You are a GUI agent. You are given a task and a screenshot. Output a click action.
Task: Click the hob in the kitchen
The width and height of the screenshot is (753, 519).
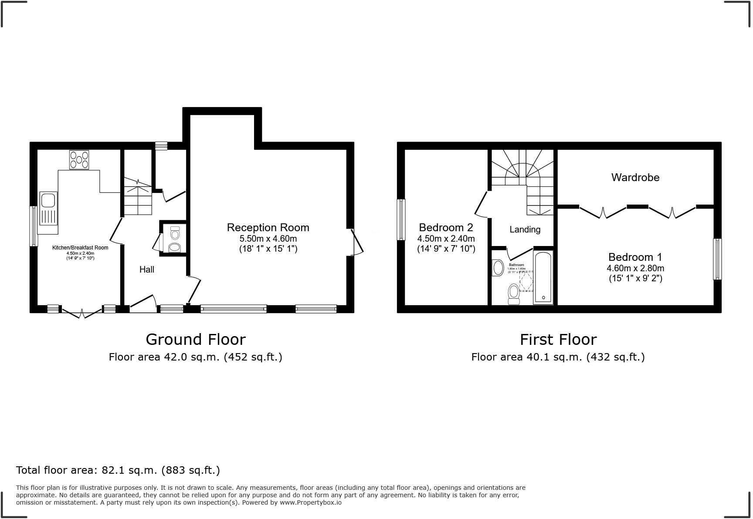79,160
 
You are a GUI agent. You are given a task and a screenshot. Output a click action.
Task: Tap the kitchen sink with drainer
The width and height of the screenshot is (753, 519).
48,208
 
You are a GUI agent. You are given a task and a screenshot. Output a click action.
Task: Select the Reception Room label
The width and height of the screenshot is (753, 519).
268,227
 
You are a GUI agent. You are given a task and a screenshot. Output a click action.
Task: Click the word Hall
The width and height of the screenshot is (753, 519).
147,270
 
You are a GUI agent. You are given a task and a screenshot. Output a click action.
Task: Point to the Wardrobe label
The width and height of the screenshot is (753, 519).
635,177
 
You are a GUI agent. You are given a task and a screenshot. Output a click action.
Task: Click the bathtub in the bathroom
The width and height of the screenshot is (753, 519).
543,277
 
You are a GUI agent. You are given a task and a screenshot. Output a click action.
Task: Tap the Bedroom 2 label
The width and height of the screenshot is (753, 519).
446,227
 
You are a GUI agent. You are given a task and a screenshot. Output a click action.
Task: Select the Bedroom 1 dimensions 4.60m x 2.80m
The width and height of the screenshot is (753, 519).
635,268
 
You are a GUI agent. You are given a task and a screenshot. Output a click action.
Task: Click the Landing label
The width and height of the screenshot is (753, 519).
525,229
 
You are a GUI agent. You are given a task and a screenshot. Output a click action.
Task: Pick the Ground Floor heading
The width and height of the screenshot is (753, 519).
196,339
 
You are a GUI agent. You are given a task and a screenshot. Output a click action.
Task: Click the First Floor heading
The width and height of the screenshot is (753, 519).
558,339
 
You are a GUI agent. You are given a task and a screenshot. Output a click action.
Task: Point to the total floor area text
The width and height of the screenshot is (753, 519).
118,470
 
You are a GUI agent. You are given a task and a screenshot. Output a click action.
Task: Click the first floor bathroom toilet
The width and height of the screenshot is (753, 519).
514,294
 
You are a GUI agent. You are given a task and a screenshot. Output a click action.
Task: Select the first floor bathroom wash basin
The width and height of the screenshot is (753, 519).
498,268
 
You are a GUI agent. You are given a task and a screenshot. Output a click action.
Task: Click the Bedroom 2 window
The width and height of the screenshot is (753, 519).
401,219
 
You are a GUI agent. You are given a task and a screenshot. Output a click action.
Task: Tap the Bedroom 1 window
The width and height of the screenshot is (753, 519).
717,259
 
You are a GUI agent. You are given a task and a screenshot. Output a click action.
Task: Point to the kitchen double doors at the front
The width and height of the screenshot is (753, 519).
81,312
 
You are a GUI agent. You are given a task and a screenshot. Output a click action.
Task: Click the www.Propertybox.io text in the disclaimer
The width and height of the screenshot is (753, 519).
310,502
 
